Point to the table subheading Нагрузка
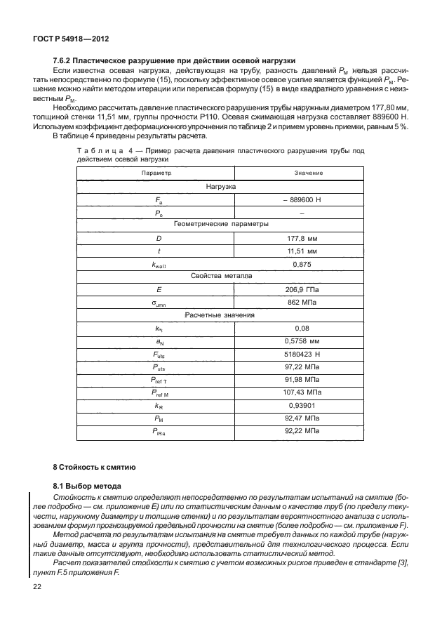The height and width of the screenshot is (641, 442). pyautogui.click(x=221, y=187)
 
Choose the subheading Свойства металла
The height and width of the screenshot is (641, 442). pyautogui.click(x=221, y=277)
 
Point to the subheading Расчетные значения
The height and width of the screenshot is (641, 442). pyautogui.click(x=221, y=315)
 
